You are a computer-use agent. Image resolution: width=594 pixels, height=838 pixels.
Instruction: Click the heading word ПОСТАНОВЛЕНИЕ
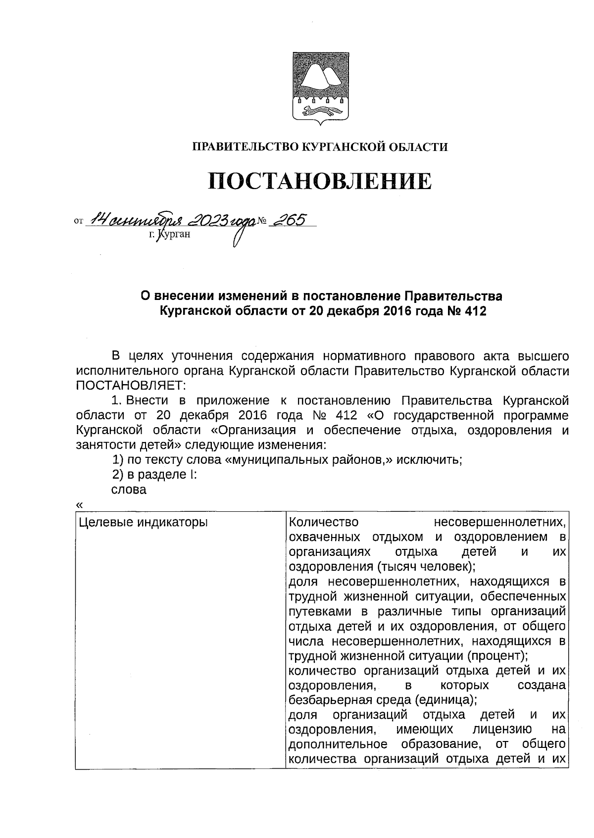point(319,182)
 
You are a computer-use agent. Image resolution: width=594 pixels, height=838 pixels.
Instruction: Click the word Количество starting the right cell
point(323,522)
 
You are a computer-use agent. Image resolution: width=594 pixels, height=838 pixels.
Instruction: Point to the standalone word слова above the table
point(129,490)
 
